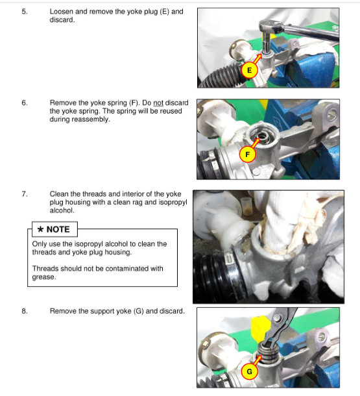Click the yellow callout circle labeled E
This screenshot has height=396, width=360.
tap(249, 70)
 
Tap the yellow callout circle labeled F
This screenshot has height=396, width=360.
tap(248, 155)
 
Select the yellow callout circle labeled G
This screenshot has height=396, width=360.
tap(249, 371)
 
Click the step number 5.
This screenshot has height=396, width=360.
tap(24, 12)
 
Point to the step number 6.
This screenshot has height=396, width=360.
tap(24, 103)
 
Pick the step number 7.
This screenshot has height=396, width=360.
tap(24, 194)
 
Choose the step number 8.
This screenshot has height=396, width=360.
tap(24, 311)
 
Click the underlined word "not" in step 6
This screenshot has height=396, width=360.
tap(158, 103)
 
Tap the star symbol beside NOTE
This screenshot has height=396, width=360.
tap(40, 229)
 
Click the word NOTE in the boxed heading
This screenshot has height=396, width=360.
tap(58, 229)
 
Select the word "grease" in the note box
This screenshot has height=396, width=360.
tap(43, 277)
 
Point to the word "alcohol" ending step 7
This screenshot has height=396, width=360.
tap(62, 210)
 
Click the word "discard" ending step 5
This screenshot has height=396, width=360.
tap(62, 19)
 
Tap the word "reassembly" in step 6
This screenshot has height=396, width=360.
tap(90, 119)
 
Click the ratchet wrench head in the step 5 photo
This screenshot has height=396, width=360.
tap(271, 27)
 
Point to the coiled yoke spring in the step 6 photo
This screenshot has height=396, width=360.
tap(261, 136)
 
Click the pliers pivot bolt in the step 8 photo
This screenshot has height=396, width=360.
tap(278, 318)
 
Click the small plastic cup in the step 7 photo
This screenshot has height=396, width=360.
tap(246, 206)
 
